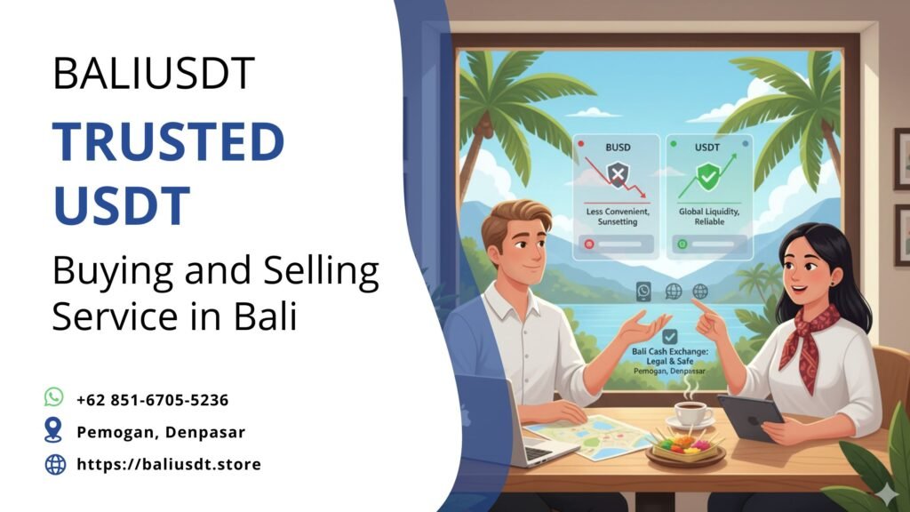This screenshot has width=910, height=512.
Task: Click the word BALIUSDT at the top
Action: tap(154, 73)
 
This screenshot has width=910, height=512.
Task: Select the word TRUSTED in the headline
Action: tap(168, 143)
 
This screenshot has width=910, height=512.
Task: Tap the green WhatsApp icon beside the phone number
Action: tap(54, 397)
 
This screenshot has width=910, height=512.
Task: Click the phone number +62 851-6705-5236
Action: tap(153, 399)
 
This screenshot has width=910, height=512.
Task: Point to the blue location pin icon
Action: tap(54, 430)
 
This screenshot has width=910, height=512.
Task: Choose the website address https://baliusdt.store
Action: tap(169, 463)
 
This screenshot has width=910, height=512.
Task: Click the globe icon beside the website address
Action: tap(55, 463)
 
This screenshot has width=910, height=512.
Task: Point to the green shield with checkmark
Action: tap(708, 177)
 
